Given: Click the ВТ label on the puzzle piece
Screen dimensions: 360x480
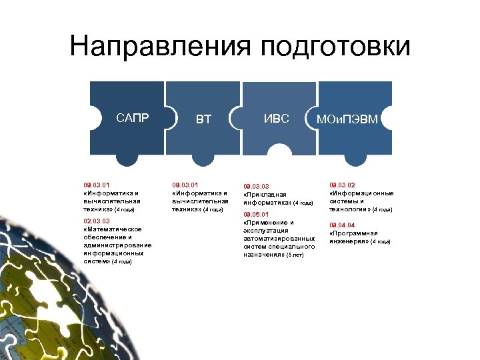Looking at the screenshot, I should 203,120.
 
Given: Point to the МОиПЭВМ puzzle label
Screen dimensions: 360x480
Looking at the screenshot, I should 347,120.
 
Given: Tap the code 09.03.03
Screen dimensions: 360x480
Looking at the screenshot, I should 257,187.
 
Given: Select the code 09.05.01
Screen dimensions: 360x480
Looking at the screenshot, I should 257,214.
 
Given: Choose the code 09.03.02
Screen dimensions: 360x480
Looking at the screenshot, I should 343,185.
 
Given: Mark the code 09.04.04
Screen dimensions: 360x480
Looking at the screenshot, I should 343,225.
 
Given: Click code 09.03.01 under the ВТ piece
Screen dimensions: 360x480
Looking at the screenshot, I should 185,185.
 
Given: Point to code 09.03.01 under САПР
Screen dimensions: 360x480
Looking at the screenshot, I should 96,185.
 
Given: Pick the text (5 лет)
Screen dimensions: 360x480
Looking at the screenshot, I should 295,255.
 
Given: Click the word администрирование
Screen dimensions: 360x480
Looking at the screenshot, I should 118,245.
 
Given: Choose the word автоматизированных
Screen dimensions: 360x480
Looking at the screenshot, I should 279,239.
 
